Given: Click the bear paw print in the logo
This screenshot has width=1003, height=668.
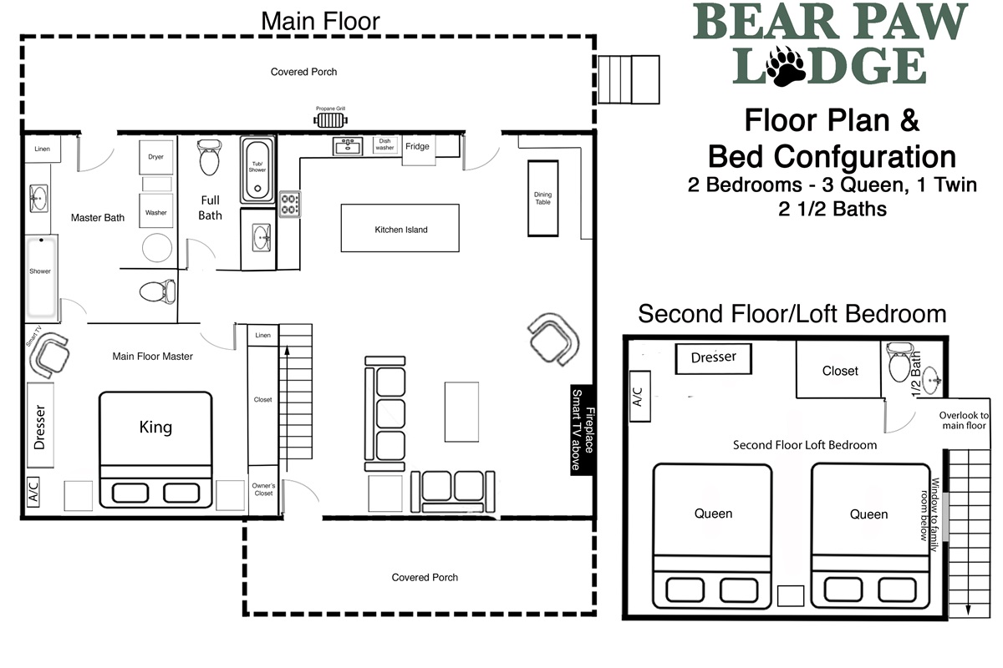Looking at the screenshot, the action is tap(787, 65).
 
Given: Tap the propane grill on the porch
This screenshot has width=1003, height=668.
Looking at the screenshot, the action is tap(330, 120).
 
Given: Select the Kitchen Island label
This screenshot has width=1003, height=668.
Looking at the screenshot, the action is tap(400, 230).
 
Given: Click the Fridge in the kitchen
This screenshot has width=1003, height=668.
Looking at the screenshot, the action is tap(419, 150).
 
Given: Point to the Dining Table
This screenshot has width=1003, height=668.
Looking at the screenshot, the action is tap(542, 198).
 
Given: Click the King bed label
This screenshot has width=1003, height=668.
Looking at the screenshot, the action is tap(155, 427).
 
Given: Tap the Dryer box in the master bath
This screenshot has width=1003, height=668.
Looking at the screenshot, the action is tap(155, 157).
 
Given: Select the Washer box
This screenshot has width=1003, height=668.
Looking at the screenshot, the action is tap(155, 210).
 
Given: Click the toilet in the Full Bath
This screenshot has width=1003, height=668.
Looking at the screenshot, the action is tap(209, 158).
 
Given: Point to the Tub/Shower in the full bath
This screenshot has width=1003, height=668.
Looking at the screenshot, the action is tap(257, 170).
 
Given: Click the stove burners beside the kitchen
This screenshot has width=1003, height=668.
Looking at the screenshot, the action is tap(290, 204).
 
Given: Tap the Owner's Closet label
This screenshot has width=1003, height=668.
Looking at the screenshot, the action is tap(263, 489).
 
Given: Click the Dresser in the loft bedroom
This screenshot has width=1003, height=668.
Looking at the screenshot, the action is tap(713, 358).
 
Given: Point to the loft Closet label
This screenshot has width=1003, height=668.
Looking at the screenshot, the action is tap(840, 371).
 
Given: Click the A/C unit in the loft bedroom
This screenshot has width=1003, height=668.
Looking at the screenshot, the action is tap(640, 397).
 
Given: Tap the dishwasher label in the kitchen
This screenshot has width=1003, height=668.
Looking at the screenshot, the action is tap(384, 144).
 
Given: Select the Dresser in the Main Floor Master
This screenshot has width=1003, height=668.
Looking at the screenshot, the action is tap(40, 426).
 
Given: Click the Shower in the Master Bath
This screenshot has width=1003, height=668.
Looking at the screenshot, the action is tap(41, 276).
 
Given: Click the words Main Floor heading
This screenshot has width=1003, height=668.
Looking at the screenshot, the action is tap(320, 21).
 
